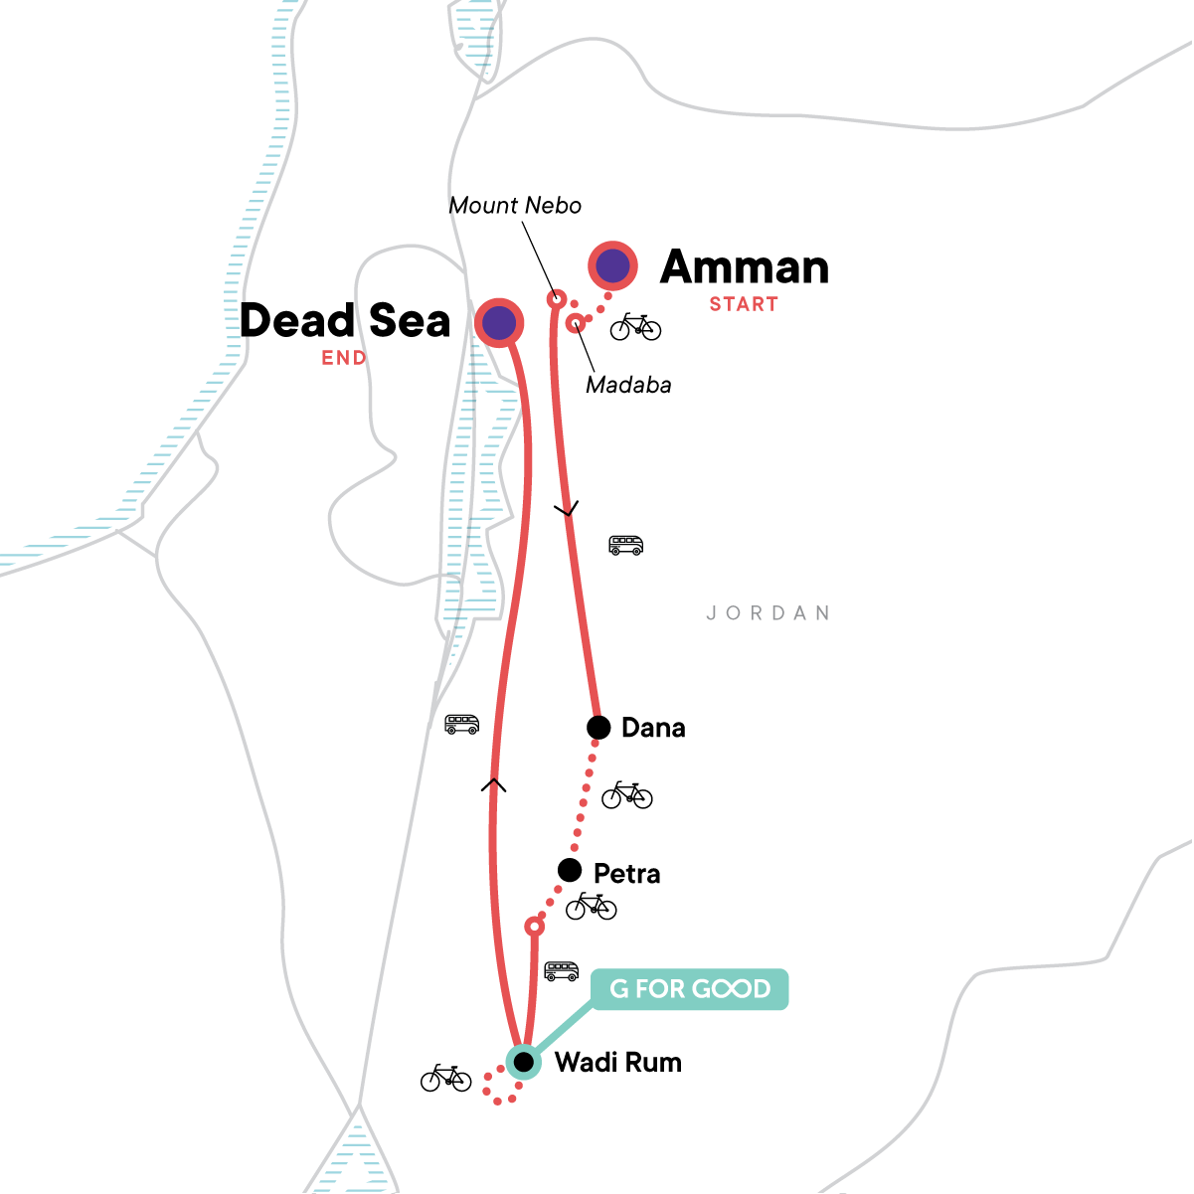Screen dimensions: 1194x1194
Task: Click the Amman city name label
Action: point(745,267)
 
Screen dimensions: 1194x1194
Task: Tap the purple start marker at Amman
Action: point(613,265)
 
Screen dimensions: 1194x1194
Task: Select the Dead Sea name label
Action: point(345,321)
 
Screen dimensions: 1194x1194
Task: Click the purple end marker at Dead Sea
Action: point(499,322)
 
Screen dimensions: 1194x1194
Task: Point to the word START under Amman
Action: point(744,304)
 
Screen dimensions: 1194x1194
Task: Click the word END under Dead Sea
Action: point(344,358)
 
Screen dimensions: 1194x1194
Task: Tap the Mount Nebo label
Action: point(515,206)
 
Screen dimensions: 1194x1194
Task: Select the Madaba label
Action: point(628,385)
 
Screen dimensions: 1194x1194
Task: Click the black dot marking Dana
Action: point(598,728)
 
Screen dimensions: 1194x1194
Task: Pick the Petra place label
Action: point(626,874)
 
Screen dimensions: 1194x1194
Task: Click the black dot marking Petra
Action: point(570,871)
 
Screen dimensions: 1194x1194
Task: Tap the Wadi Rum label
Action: point(618,1063)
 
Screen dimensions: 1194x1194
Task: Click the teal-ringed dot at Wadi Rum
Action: point(523,1063)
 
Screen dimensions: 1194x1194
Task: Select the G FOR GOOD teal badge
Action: point(690,989)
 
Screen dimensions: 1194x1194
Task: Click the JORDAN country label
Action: point(768,613)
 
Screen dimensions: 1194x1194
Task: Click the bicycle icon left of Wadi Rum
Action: point(445,1078)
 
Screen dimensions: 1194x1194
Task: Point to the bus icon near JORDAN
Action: point(626,545)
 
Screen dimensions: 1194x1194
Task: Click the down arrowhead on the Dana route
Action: point(566,510)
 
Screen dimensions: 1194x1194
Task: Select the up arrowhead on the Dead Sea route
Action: point(494,785)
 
